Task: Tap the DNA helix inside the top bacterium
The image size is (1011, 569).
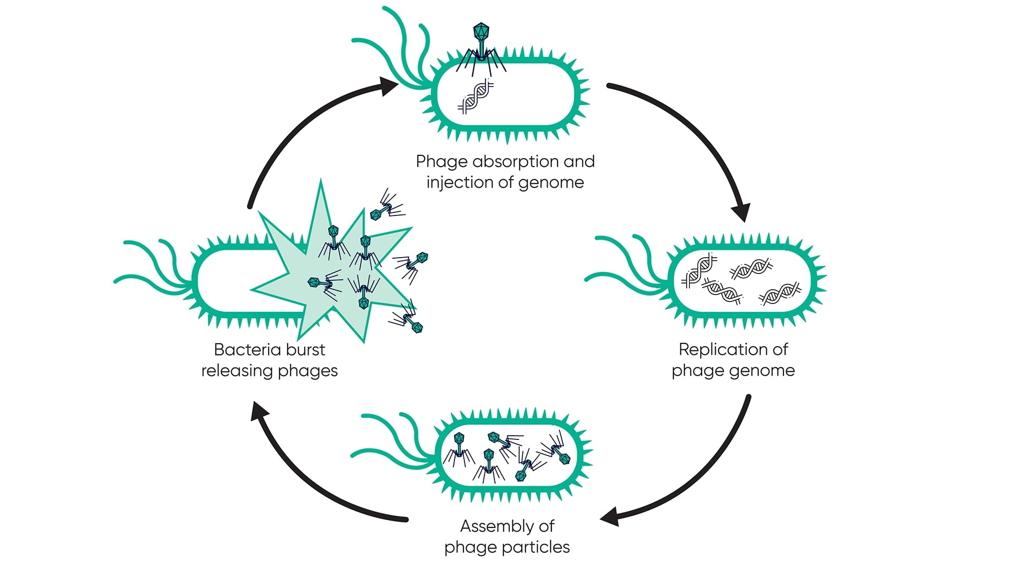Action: click(475, 96)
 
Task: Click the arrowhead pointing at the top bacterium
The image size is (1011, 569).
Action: click(389, 85)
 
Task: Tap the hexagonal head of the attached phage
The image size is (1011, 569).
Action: click(481, 31)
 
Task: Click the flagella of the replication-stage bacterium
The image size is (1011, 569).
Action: click(627, 263)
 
